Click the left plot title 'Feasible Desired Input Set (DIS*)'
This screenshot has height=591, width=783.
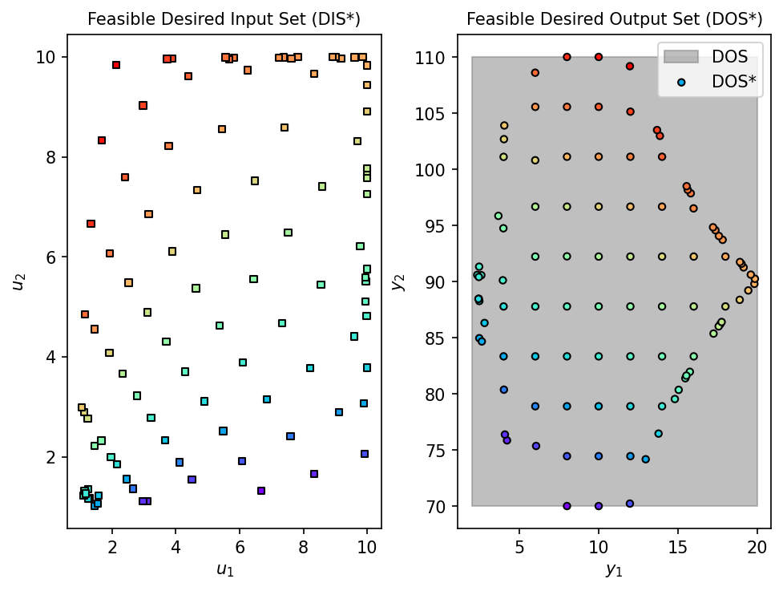[224, 18]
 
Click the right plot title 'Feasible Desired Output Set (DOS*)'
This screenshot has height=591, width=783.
[614, 18]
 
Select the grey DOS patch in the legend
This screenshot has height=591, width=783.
[681, 56]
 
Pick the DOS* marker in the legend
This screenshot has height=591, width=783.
[681, 81]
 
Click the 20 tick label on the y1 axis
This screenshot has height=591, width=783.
[757, 547]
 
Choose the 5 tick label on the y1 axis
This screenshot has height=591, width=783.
[519, 547]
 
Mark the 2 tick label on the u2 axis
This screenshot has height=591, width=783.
[51, 458]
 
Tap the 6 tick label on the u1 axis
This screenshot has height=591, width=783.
[240, 547]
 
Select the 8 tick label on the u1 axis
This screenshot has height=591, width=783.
[303, 547]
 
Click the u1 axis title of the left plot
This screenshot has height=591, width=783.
[224, 570]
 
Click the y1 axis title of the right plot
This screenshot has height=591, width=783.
[614, 570]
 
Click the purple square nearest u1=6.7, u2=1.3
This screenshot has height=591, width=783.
[261, 491]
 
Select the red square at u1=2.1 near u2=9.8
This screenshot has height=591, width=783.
[116, 65]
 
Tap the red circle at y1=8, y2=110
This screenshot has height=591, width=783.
[567, 57]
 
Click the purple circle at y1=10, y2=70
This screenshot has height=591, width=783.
[599, 506]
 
